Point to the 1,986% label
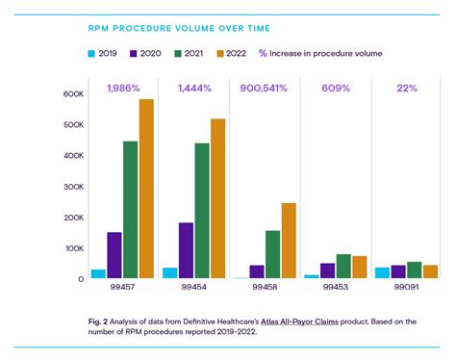tap(124, 89)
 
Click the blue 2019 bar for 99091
tap(383, 272)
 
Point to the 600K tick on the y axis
tap(74, 94)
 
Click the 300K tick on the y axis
tap(74, 187)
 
